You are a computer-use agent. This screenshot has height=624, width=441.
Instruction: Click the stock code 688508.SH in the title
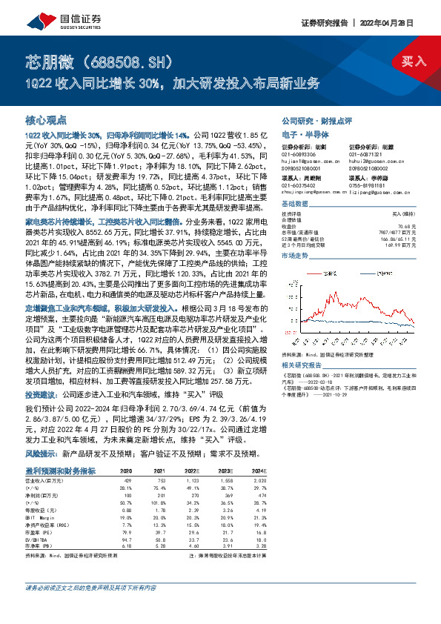[135, 59]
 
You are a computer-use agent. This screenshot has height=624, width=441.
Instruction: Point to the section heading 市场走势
[296, 255]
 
